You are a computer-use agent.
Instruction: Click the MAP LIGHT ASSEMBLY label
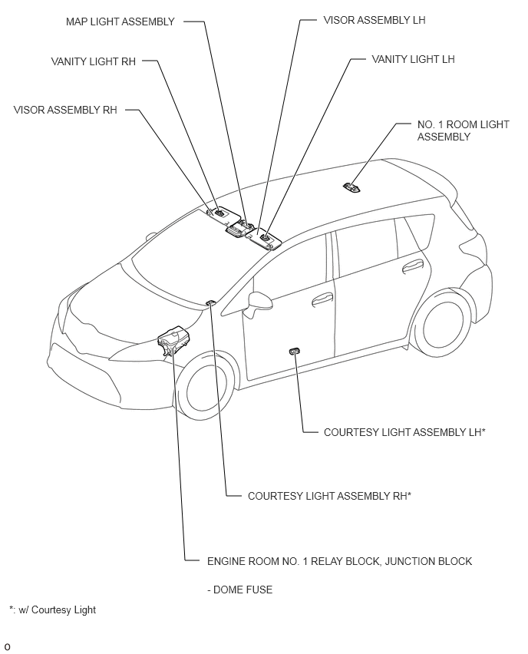pos(120,21)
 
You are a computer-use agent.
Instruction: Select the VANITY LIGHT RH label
pos(94,61)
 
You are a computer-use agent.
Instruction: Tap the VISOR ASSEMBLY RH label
pos(65,110)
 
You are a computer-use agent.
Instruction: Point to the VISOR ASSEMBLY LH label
pos(375,20)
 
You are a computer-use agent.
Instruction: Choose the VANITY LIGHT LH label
pos(414,59)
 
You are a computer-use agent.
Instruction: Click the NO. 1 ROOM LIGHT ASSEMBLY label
pos(464,130)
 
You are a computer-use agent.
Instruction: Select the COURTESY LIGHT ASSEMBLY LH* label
pos(404,432)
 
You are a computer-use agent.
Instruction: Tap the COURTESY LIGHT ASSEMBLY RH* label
pos(329,496)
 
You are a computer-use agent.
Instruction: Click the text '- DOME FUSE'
pos(239,590)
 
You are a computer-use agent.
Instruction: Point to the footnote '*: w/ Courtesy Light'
pos(52,609)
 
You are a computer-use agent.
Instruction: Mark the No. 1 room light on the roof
pos(352,188)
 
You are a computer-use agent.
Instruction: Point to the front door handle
pos(322,299)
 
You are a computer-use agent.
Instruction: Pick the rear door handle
pos(413,266)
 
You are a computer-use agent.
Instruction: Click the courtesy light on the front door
pos(295,351)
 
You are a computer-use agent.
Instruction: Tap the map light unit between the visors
pos(239,229)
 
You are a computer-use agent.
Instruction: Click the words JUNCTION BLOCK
pos(429,561)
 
